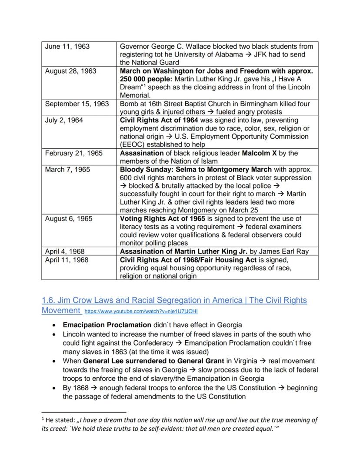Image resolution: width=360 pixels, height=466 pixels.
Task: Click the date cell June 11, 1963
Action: [x=67, y=47]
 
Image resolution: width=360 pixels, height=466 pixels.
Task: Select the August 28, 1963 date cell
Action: [x=70, y=71]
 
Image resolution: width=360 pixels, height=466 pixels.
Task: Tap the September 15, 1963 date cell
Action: [x=77, y=104]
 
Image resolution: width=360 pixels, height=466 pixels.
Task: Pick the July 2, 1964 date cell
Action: [x=64, y=120]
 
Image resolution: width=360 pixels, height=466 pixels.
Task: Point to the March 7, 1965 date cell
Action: [x=68, y=170]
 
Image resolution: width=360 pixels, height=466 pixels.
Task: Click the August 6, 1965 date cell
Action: [x=69, y=219]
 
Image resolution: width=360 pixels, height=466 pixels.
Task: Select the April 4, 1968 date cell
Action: [x=65, y=251]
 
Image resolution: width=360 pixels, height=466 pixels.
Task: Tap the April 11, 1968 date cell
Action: [x=67, y=260]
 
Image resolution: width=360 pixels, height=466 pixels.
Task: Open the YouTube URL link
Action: [x=141, y=312]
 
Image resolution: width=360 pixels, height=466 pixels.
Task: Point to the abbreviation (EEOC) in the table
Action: [x=133, y=145]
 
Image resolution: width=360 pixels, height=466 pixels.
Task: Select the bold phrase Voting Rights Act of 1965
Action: [x=160, y=219]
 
